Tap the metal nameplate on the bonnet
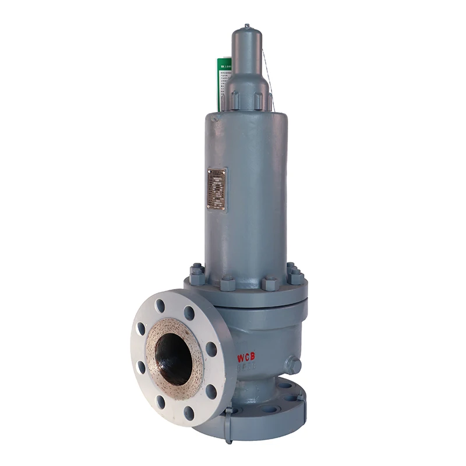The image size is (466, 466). (217, 189)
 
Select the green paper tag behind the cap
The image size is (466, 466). (224, 76)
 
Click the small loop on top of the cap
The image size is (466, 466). (247, 26)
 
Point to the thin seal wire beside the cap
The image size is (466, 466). (267, 70)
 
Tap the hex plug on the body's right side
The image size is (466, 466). (293, 365)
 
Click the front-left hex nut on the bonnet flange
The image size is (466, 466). (227, 284)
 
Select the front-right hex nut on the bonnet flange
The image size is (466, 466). (270, 284)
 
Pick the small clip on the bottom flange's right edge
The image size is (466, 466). (301, 396)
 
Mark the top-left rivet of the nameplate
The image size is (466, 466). (210, 172)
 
